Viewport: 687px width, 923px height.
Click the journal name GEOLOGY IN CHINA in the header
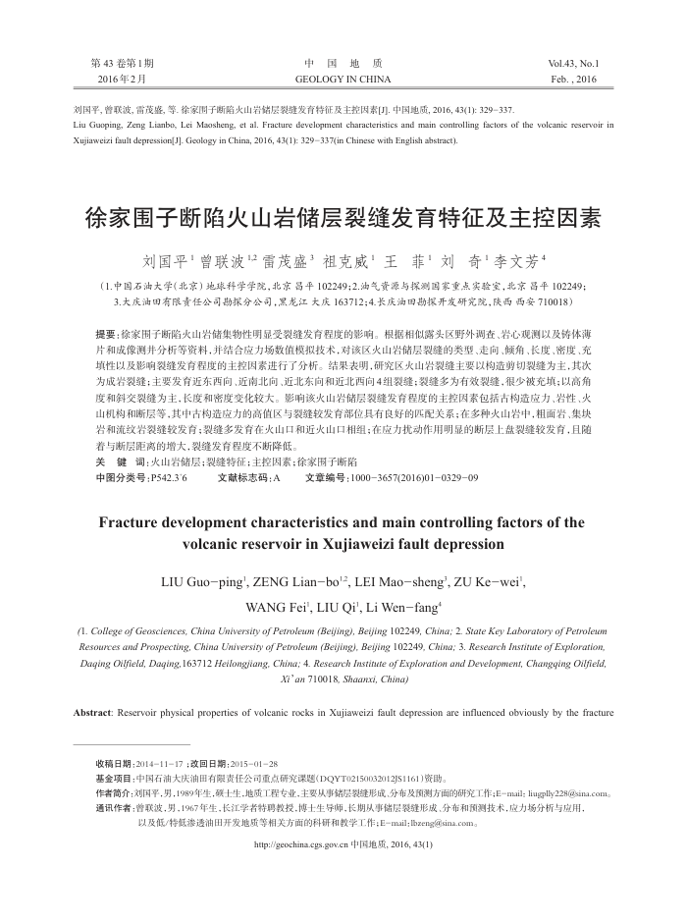click(343, 78)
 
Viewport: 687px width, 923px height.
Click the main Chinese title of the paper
click(343, 217)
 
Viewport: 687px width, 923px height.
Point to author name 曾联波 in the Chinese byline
click(218, 263)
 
